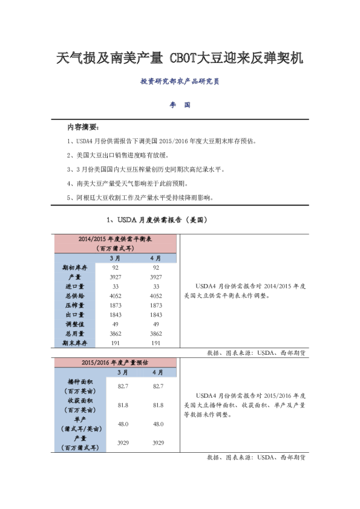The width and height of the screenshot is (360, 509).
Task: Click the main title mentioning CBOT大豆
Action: (180, 58)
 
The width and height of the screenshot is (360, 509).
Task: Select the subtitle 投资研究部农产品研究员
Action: (180, 81)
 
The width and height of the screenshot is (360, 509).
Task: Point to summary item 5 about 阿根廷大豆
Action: (140, 197)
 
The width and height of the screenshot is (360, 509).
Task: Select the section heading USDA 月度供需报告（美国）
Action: (157, 220)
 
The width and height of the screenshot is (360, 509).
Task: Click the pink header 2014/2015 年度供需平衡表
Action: (116, 244)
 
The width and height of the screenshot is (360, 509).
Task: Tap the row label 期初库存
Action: (75, 267)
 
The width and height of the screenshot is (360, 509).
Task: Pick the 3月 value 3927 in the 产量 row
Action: (116, 277)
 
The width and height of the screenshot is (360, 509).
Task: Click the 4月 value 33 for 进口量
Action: (156, 287)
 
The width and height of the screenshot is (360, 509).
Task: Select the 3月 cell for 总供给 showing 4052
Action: (116, 296)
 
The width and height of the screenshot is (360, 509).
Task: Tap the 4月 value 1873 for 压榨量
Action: (156, 305)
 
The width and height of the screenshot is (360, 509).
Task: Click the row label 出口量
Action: (75, 314)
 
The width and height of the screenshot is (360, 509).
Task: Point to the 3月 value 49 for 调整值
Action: (116, 324)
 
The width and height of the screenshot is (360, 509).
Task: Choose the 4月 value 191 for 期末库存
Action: (156, 343)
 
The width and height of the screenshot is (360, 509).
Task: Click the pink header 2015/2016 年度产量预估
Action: (116, 363)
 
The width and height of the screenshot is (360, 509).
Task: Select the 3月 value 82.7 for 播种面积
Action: (123, 386)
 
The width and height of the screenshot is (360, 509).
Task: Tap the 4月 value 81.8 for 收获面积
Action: (159, 405)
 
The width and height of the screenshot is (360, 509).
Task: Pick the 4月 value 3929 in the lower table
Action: (159, 443)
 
